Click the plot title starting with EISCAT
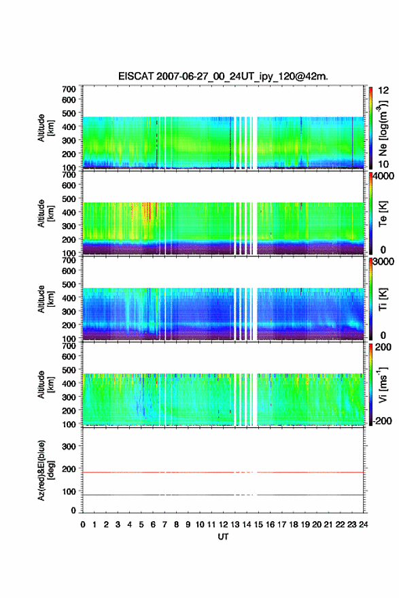click(x=223, y=76)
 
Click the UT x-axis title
click(x=224, y=537)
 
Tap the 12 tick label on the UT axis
click(x=224, y=525)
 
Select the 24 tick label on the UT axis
click(x=364, y=525)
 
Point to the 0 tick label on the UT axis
click(x=83, y=525)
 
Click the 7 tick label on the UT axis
click(x=164, y=525)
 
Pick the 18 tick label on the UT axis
click(x=294, y=525)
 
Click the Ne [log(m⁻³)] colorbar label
click(x=383, y=128)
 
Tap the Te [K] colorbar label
click(x=383, y=214)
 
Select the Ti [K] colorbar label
click(x=383, y=299)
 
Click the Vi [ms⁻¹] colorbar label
click(x=383, y=384)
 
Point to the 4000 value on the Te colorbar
click(x=383, y=176)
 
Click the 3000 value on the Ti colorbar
click(x=383, y=261)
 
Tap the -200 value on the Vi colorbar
click(x=382, y=420)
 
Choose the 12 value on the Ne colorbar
click(x=383, y=90)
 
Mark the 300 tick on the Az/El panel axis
click(x=69, y=446)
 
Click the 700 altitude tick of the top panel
click(x=69, y=89)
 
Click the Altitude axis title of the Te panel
click(x=45, y=214)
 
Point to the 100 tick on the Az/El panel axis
click(x=69, y=491)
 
